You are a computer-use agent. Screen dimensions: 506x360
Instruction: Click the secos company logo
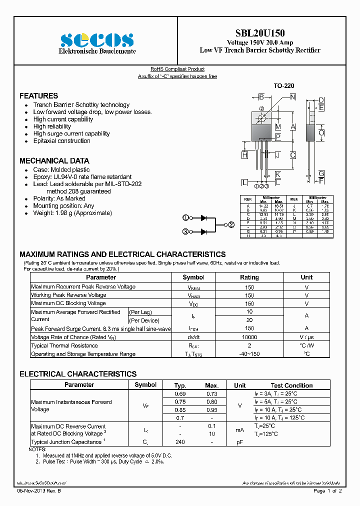coord(97,40)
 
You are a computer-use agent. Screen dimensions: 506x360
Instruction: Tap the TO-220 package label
coord(283,86)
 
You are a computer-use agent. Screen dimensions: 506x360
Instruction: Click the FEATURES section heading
coord(38,95)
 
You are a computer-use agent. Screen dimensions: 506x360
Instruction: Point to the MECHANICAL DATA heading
coord(54,160)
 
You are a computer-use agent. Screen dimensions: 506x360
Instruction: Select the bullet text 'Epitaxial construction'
coord(61,141)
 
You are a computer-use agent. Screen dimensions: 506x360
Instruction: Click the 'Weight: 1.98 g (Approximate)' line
coord(72,213)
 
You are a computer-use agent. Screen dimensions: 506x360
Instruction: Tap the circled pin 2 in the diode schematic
coord(231,224)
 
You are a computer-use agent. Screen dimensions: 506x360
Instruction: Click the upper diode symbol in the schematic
coord(203,218)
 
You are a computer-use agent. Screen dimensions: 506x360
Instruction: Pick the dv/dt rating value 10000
coord(249,337)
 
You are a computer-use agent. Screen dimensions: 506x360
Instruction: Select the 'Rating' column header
coord(249,277)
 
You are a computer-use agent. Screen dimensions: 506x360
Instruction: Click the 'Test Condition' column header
coord(291,385)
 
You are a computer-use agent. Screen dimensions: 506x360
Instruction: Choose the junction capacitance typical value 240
coord(180,442)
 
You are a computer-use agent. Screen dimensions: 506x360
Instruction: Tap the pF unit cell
coord(240,442)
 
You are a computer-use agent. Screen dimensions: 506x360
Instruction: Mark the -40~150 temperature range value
coord(249,354)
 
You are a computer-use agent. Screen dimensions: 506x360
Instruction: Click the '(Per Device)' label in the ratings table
coord(144,320)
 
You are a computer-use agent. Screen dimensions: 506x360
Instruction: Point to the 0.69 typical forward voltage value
coord(180,393)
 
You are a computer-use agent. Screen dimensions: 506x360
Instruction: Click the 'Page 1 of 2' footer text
coord(327,491)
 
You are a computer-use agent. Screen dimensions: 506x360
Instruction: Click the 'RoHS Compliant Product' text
coord(177,69)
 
